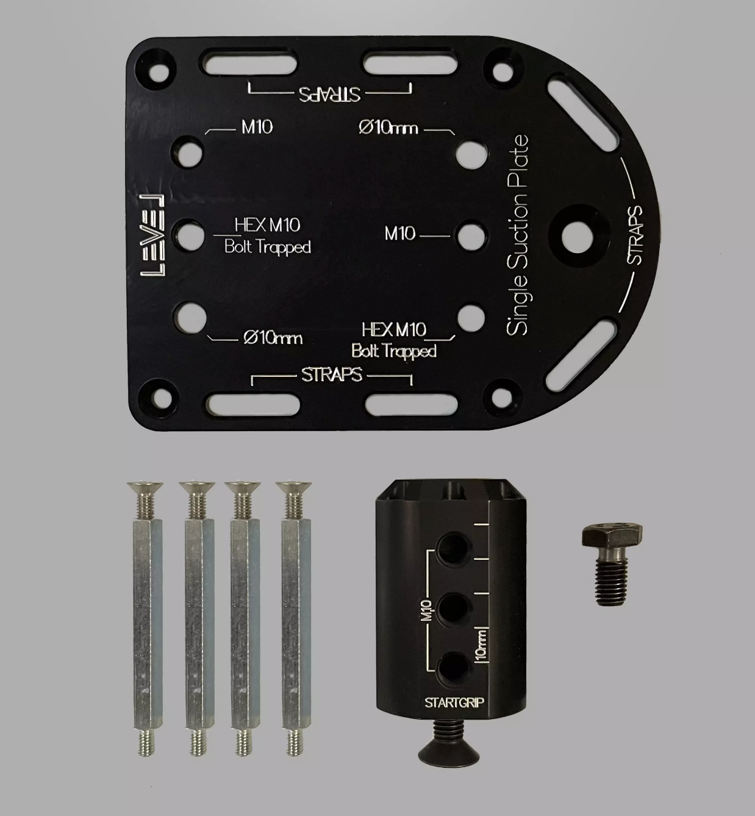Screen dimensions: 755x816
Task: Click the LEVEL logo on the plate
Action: point(152,235)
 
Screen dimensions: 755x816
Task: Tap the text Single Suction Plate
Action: point(517,235)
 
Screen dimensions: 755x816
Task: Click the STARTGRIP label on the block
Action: point(454,703)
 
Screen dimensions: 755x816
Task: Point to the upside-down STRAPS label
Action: point(329,94)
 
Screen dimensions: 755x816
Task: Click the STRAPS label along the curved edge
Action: point(634,235)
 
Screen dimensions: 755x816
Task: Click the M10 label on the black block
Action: point(427,610)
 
